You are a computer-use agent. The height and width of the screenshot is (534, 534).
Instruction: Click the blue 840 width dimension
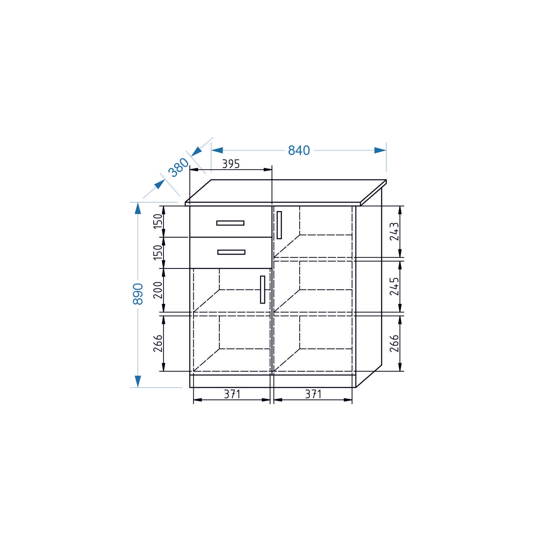click(x=299, y=150)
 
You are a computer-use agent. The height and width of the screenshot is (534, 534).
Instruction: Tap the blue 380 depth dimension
click(x=179, y=167)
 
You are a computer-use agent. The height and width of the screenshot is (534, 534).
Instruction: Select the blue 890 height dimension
click(x=138, y=294)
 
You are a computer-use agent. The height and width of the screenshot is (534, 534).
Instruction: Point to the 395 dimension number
click(x=231, y=164)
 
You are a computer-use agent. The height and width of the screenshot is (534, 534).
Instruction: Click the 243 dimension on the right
click(x=394, y=231)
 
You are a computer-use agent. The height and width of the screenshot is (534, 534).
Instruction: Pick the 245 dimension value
click(x=394, y=286)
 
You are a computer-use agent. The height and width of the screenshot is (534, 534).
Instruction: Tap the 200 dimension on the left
click(x=158, y=290)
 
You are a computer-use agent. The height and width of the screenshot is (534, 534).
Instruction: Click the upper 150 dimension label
click(x=158, y=221)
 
